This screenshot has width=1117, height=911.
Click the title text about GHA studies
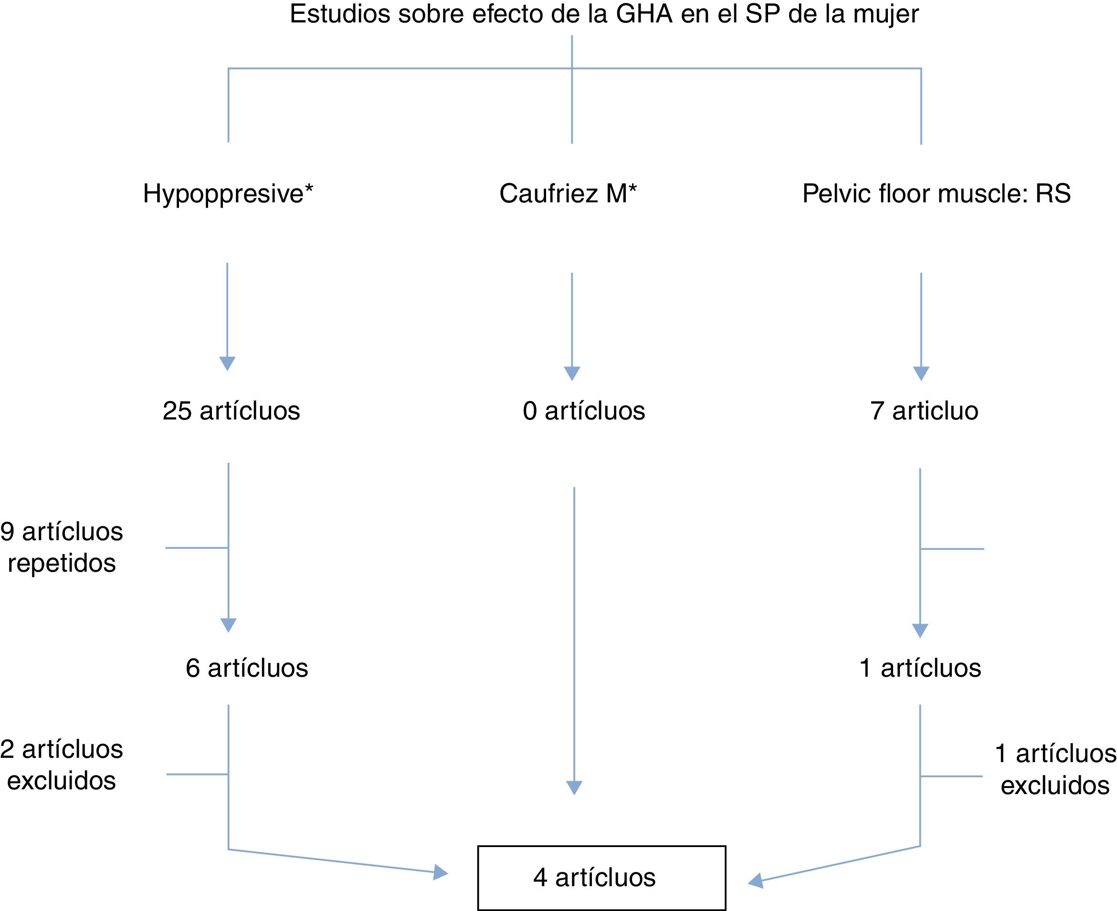click(x=604, y=14)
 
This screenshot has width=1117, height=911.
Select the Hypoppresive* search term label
click(x=228, y=194)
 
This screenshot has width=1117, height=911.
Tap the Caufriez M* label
click(x=568, y=194)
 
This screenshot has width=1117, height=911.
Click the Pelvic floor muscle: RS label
click(x=936, y=194)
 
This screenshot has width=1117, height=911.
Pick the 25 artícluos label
click(x=231, y=410)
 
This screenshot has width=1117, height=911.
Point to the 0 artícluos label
click(x=584, y=410)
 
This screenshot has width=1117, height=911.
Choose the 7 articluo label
click(x=924, y=410)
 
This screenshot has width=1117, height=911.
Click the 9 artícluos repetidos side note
click(x=62, y=547)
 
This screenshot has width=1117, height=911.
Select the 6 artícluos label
click(x=247, y=668)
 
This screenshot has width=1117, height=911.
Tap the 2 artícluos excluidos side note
click(x=62, y=765)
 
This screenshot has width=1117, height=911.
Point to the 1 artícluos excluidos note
click(x=1055, y=770)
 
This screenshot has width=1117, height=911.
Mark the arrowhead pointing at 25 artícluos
click(x=227, y=363)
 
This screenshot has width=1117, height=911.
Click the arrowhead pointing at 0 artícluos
click(x=571, y=373)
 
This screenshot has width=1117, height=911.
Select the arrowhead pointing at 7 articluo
click(x=921, y=373)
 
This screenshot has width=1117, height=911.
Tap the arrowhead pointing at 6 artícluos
click(x=228, y=625)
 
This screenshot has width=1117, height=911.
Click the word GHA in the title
click(x=644, y=14)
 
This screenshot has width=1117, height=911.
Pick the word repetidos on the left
click(x=62, y=564)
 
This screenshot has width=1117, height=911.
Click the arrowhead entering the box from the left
click(x=441, y=872)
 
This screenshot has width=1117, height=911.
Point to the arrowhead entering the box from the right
click(x=756, y=881)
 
